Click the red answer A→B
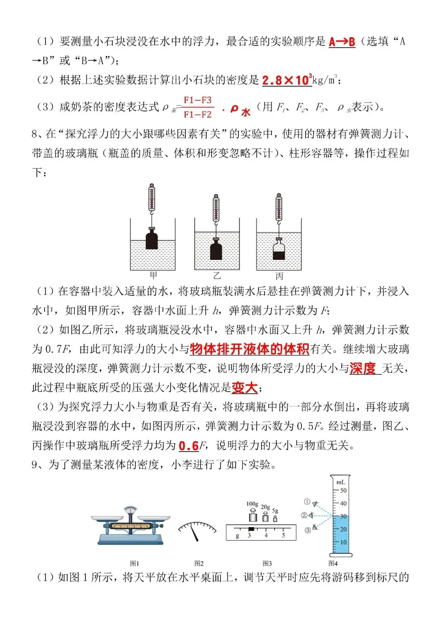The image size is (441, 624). [x=342, y=42]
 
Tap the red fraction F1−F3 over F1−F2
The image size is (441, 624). [x=198, y=107]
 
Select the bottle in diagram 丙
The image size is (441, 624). [x=279, y=250]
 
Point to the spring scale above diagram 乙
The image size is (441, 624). [x=216, y=208]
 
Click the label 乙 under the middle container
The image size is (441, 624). [x=217, y=276]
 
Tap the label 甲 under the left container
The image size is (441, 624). [x=153, y=275]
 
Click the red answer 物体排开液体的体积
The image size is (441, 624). [x=249, y=349]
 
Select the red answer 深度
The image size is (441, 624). [x=362, y=368]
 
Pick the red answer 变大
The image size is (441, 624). [x=244, y=387]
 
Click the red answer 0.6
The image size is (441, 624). [x=189, y=445]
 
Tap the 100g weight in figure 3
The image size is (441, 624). [x=253, y=515]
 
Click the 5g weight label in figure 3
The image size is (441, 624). [x=275, y=511]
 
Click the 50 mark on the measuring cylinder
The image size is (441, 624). [x=343, y=490]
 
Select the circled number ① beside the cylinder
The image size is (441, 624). [x=307, y=501]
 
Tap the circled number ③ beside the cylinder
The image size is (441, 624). [x=307, y=530]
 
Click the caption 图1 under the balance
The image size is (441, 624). [x=134, y=564]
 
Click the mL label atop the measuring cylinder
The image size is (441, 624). [x=341, y=482]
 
